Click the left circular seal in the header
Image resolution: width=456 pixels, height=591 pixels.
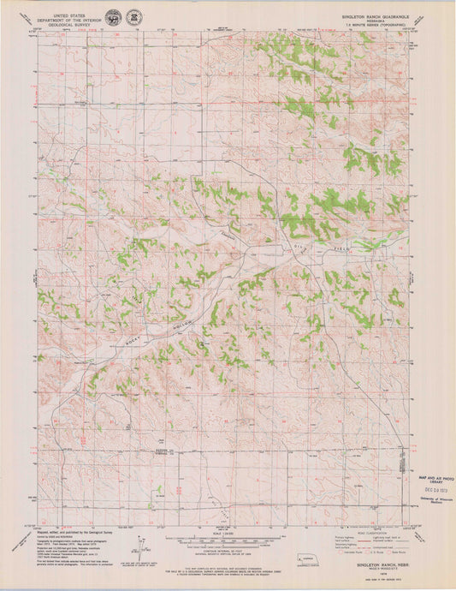(x=114, y=17)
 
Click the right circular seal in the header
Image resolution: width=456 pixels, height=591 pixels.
(x=134, y=17)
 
